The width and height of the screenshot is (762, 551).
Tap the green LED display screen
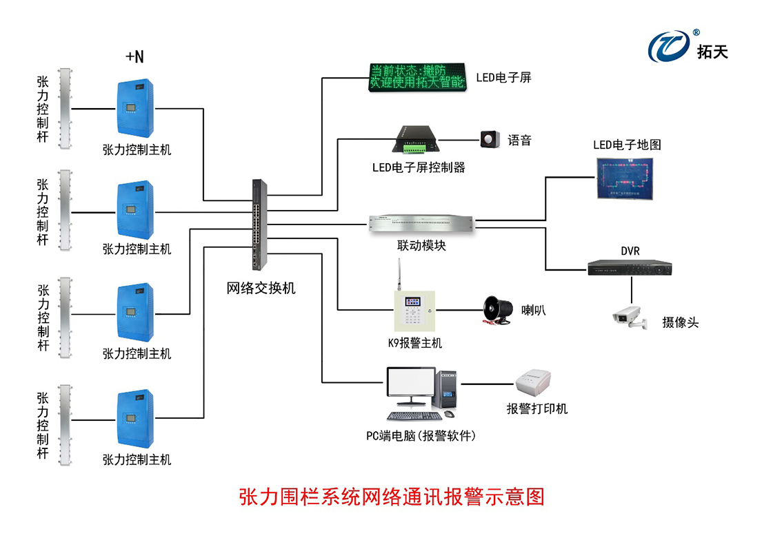[x=417, y=78]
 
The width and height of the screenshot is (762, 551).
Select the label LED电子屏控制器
[x=419, y=167]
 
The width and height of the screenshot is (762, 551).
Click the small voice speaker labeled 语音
[x=489, y=139]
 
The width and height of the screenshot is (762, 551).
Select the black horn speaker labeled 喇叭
[x=496, y=309]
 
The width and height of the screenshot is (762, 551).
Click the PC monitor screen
[x=410, y=386]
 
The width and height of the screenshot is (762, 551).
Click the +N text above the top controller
[x=135, y=56]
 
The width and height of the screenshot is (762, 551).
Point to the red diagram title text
[x=391, y=497]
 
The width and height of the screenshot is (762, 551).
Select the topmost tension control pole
[x=65, y=108]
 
